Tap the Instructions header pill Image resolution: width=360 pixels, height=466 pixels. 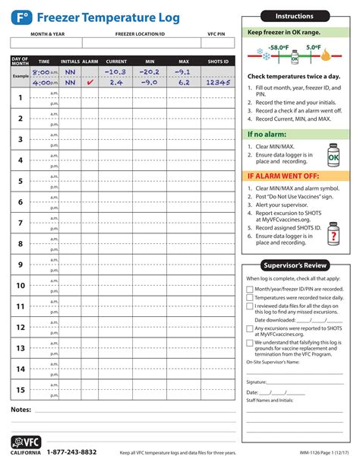coord(294,16)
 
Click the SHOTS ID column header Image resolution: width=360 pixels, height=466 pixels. coord(216,61)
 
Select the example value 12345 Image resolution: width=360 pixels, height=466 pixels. coord(216,82)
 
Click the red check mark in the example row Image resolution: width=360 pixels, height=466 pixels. coord(90,82)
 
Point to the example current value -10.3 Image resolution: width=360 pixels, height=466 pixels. coord(116,71)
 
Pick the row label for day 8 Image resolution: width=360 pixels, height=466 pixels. coord(21,244)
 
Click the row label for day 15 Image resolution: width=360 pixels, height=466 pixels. coord(21,390)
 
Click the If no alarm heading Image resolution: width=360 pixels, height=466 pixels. coord(261,135)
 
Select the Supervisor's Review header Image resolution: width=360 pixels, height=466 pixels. coord(294,265)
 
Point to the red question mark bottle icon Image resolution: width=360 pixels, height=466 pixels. coord(332,238)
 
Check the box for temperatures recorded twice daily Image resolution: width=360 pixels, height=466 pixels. coord(250,299)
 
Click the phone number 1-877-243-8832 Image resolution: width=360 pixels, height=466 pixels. coord(71,452)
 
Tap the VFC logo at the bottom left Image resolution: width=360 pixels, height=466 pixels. coord(25,444)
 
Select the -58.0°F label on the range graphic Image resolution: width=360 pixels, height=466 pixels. coord(277,46)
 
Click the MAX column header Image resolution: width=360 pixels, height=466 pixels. coord(183,61)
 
